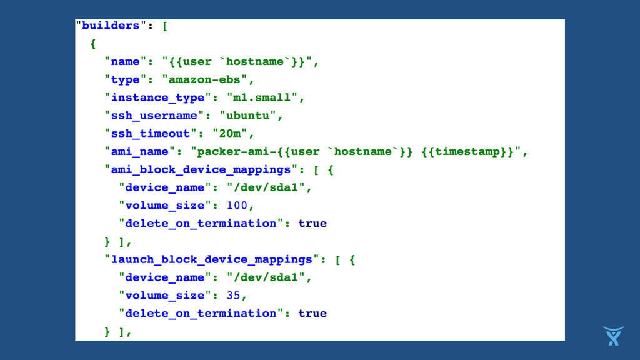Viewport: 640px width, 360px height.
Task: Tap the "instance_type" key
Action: point(157,97)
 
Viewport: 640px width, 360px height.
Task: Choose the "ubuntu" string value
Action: point(248,116)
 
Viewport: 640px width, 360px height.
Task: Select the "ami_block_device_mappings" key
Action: point(201,169)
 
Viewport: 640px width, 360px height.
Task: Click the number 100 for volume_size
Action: point(237,206)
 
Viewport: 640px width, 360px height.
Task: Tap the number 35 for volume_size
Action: point(233,295)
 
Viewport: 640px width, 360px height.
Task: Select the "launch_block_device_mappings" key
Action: point(211,259)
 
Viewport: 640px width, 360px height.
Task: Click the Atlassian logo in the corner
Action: point(613,336)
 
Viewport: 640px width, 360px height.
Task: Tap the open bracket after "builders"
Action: point(164,26)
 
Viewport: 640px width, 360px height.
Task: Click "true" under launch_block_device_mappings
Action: point(312,313)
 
